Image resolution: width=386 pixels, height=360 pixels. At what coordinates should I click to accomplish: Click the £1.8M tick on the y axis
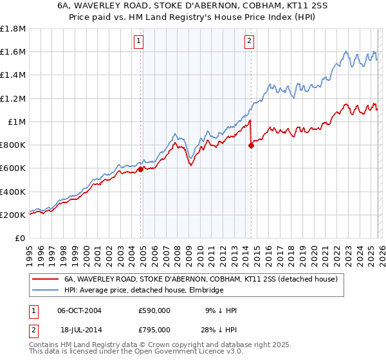(x=13, y=29)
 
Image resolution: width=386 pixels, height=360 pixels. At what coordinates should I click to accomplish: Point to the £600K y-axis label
(x=13, y=168)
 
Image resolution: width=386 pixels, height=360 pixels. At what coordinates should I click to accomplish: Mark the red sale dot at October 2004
(x=140, y=170)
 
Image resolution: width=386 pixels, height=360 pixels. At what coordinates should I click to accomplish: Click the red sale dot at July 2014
(x=251, y=146)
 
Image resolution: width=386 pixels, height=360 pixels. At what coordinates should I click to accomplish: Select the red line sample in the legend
(x=45, y=280)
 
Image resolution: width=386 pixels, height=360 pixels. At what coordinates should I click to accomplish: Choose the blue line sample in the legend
(x=45, y=291)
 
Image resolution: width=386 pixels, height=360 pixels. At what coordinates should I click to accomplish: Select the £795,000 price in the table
(x=154, y=330)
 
